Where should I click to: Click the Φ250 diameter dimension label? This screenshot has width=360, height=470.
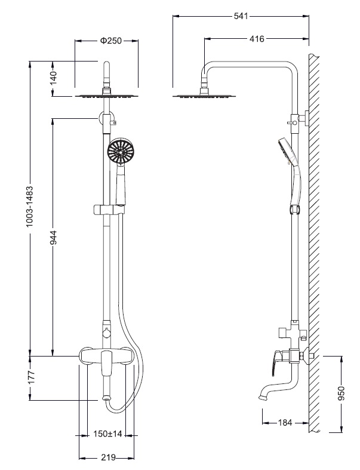110,41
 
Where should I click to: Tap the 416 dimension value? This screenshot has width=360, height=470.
257,39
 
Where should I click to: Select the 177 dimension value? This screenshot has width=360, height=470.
31,378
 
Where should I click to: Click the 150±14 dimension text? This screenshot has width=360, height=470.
108,434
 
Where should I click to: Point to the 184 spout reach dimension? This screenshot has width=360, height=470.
285,423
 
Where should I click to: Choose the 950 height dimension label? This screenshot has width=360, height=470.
341,395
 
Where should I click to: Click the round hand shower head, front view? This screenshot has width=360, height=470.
121,152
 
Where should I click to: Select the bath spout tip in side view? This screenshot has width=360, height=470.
262,395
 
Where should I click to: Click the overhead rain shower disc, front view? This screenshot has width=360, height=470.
107,95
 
